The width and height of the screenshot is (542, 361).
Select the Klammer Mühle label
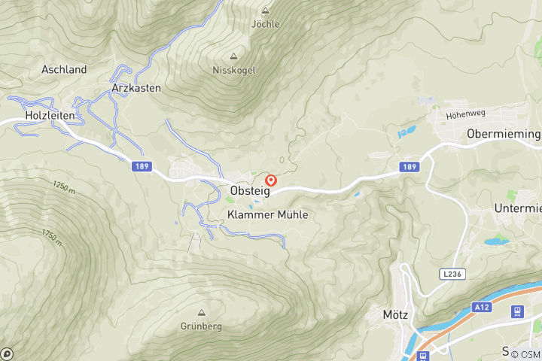(267, 214)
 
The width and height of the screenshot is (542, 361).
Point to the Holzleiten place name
(49, 115)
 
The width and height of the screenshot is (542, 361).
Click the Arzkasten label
(135, 87)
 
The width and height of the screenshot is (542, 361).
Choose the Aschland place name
(64, 69)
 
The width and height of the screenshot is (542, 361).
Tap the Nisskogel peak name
(233, 70)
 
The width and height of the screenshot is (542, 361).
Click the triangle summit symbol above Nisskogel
(233, 56)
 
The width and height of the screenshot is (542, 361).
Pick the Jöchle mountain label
(265, 24)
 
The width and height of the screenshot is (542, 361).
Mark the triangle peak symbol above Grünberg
(201, 312)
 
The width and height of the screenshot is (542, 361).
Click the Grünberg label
(201, 326)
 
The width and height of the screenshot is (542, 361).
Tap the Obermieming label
(504, 133)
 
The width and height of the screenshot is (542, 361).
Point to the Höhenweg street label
(462, 116)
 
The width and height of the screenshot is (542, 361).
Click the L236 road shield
(452, 275)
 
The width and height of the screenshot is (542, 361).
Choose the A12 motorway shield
(482, 307)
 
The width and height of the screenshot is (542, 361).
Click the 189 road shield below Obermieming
(409, 166)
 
